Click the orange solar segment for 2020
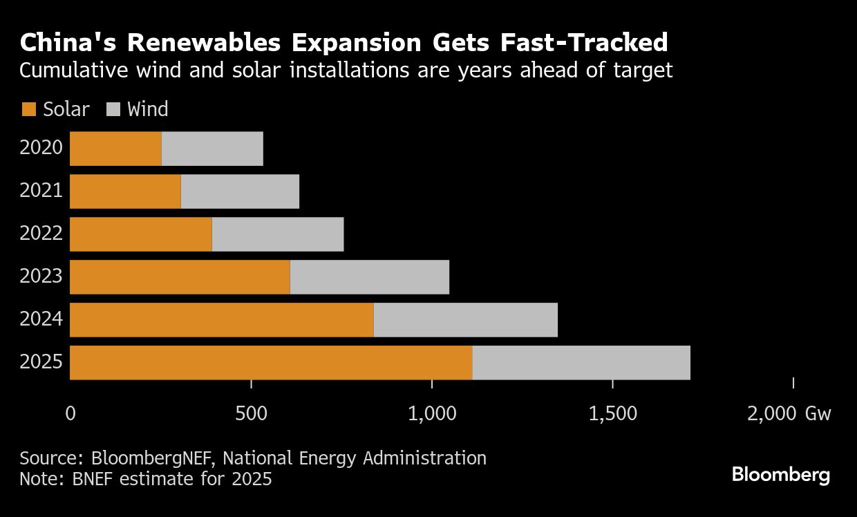coord(115,149)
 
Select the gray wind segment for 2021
coord(240,191)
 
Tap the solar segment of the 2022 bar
coord(141,234)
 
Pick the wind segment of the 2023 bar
coord(369,277)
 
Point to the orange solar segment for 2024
coord(221,320)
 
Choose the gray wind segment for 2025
coord(581,363)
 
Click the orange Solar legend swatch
coord(29,109)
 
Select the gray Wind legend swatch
coord(114,109)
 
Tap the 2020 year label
coord(41,148)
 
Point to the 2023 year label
coord(41,277)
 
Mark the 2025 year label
coord(41,363)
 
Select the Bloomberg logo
coord(780,475)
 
